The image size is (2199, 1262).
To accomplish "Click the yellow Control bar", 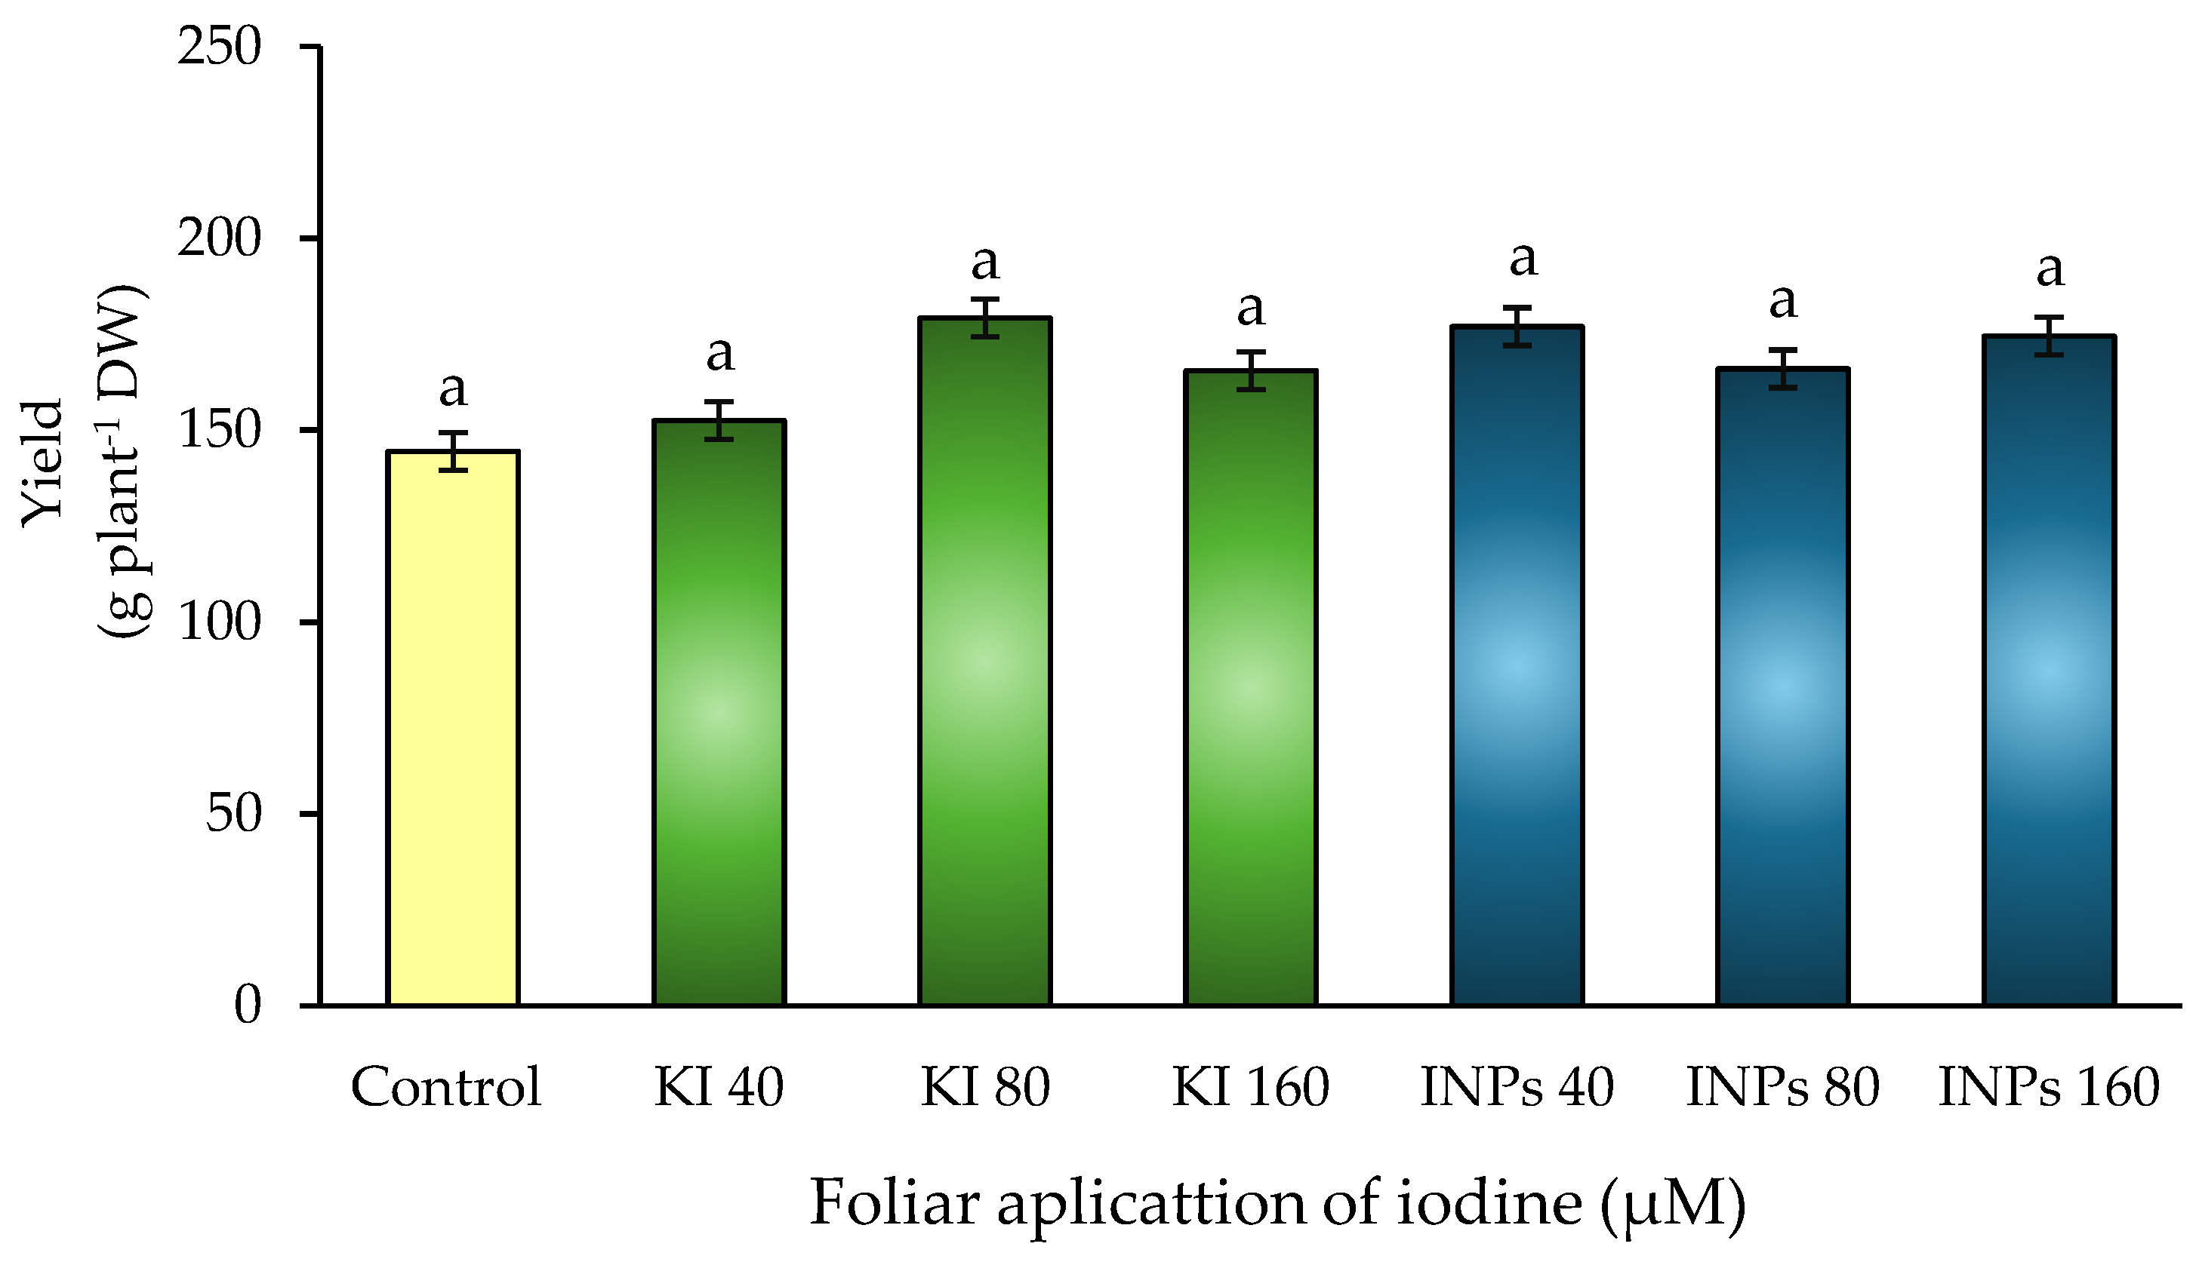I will click(x=453, y=728).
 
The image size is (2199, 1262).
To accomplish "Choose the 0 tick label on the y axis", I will click(x=247, y=1006).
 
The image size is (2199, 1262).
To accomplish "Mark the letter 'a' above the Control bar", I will click(x=453, y=390).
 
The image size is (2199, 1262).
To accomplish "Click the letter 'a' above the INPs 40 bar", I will click(x=1523, y=259).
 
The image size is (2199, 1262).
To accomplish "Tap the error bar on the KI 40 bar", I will click(x=719, y=420).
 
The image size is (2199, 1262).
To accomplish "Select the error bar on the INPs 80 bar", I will click(x=1783, y=368).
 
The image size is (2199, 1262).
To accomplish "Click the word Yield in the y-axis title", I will click(x=43, y=464).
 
